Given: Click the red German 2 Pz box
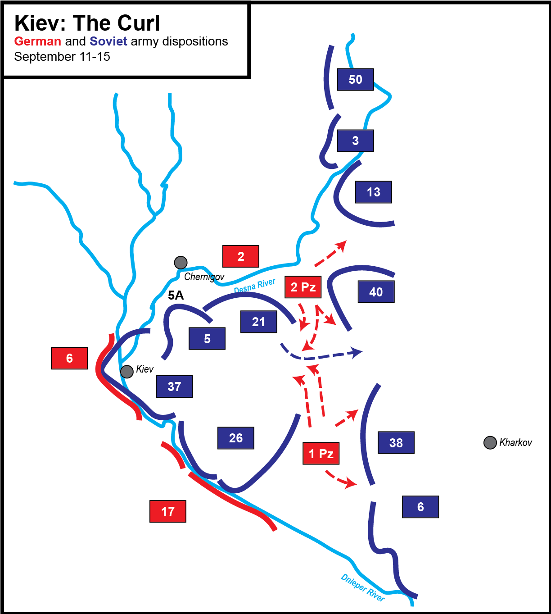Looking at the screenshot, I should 303,287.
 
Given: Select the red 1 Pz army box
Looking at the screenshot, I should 321,453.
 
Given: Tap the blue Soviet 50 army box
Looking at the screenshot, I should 355,79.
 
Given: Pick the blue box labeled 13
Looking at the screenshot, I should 373,192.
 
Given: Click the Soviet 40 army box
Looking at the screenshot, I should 376,291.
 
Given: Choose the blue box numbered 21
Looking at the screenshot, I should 258,322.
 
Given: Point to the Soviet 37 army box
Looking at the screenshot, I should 174,386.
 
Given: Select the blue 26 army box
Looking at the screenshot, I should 236,438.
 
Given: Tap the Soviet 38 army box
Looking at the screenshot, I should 396,442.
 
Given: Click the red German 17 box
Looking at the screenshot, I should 168,511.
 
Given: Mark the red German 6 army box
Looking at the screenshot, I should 69,358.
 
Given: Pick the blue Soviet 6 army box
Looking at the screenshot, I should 420,507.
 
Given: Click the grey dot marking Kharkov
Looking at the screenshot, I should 490,442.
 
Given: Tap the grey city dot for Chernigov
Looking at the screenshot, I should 181,262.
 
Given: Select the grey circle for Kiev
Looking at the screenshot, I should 127,371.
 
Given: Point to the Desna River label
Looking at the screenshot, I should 255,286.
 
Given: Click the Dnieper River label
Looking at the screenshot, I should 363,587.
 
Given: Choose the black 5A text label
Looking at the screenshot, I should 176,296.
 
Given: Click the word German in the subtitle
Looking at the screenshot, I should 38,41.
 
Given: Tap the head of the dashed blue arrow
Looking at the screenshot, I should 358,352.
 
